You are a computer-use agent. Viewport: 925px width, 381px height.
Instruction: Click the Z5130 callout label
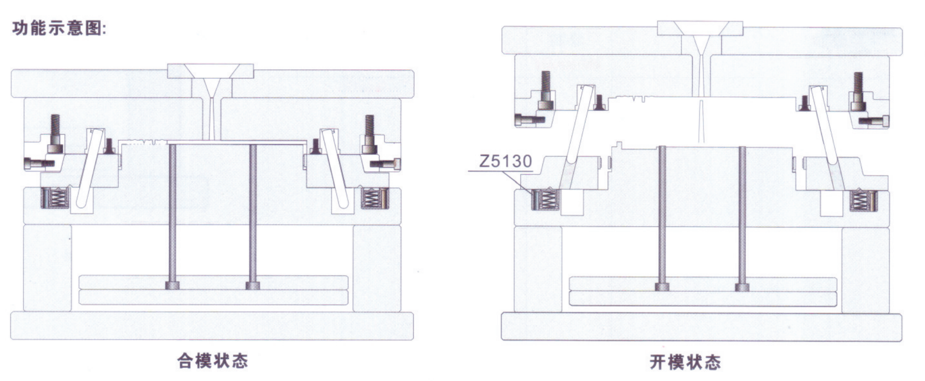coord(506,161)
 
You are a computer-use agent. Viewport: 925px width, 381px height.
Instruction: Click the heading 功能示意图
coord(59,28)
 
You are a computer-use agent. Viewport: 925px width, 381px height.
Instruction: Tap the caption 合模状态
coord(213,360)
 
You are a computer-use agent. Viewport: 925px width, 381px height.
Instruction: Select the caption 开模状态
coord(685,362)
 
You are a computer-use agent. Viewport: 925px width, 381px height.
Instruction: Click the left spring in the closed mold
coord(55,197)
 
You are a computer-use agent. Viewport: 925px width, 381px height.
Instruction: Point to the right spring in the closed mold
coord(374,197)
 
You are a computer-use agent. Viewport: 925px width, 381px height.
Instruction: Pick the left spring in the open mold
coord(545,199)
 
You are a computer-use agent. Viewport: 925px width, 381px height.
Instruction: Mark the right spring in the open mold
coord(863,200)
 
